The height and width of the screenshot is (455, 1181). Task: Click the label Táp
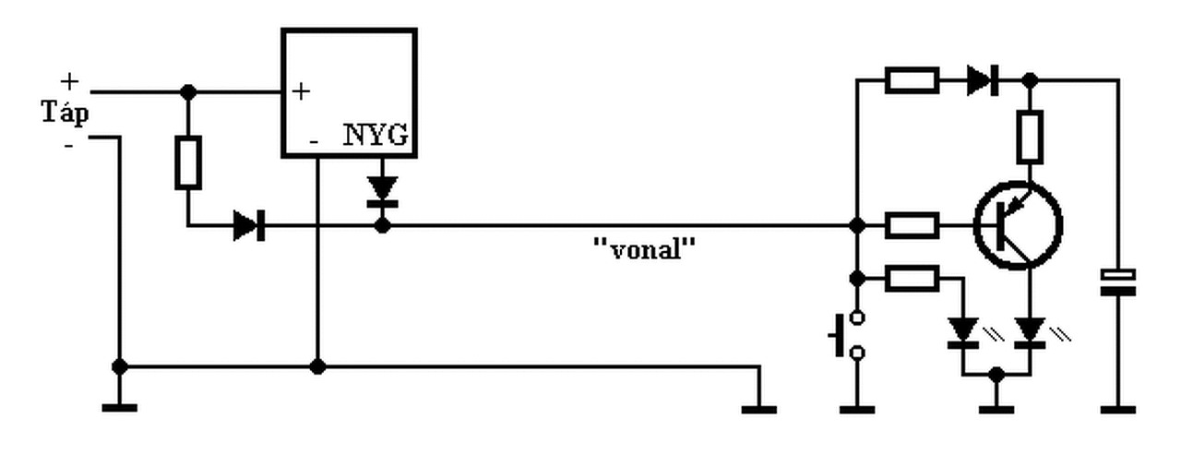[x=65, y=114]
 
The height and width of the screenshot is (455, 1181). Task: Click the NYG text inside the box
[x=376, y=135]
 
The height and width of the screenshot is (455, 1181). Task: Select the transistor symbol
[x=1018, y=225]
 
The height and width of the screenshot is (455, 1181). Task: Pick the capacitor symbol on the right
[x=1117, y=282]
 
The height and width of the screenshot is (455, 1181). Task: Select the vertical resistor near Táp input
[x=188, y=162]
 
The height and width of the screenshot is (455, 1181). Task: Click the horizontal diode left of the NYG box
[x=249, y=226]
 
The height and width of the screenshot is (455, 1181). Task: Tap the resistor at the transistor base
[x=913, y=226]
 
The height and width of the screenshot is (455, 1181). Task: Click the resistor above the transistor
[x=1030, y=137]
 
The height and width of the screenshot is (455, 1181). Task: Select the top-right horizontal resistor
[x=913, y=80]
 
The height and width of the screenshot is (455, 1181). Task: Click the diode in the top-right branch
[x=983, y=80]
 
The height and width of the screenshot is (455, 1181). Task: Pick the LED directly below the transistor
[x=1030, y=333]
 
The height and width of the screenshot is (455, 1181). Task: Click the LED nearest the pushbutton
[x=963, y=333]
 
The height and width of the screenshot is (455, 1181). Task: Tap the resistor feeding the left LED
[x=913, y=279]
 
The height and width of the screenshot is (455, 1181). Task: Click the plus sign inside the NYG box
[x=301, y=91]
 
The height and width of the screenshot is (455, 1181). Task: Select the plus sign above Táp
[x=69, y=82]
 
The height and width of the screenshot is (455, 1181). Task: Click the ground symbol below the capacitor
[x=1117, y=410]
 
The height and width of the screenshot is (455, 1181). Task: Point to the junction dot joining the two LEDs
[x=996, y=375]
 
